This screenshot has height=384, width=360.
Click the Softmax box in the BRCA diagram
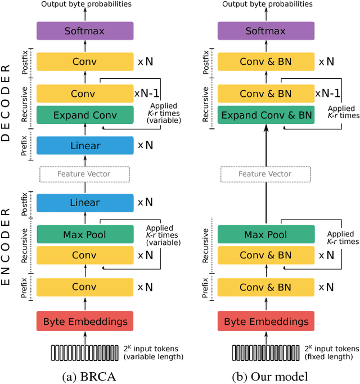coord(85,31)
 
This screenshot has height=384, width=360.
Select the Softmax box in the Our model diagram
coord(266,31)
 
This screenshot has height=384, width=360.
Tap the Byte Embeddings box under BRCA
coord(85,322)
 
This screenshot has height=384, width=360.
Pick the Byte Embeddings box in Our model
coord(266,322)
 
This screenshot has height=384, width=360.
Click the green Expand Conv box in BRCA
coord(85,115)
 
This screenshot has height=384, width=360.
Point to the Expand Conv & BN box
coord(266,115)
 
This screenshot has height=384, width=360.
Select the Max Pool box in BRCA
coord(85,234)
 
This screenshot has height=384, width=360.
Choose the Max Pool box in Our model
coord(266,234)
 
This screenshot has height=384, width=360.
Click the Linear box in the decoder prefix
coord(85,146)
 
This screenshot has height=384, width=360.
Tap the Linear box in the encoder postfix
coord(85,203)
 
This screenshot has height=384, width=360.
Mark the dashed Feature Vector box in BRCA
coord(85,174)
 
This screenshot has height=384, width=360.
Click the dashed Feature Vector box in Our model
coord(266,174)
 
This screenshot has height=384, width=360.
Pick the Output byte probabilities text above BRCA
coord(85,5)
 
